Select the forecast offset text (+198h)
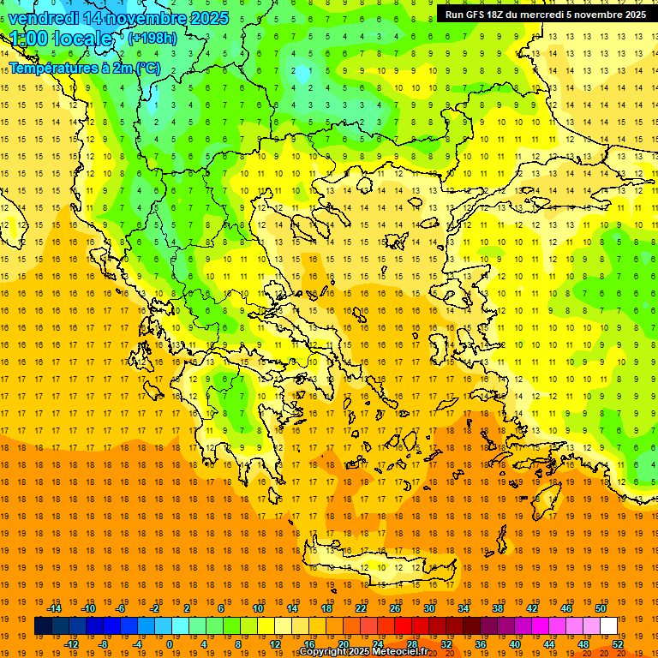[153, 39]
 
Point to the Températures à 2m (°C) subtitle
[84, 68]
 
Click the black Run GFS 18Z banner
[545, 15]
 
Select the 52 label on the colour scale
[618, 644]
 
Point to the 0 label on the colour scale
[170, 644]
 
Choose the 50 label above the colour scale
[601, 608]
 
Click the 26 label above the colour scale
[395, 608]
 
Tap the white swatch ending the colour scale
[608, 626]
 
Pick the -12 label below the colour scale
[71, 644]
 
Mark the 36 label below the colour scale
[481, 644]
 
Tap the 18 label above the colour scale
[326, 608]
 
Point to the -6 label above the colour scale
[122, 608]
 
